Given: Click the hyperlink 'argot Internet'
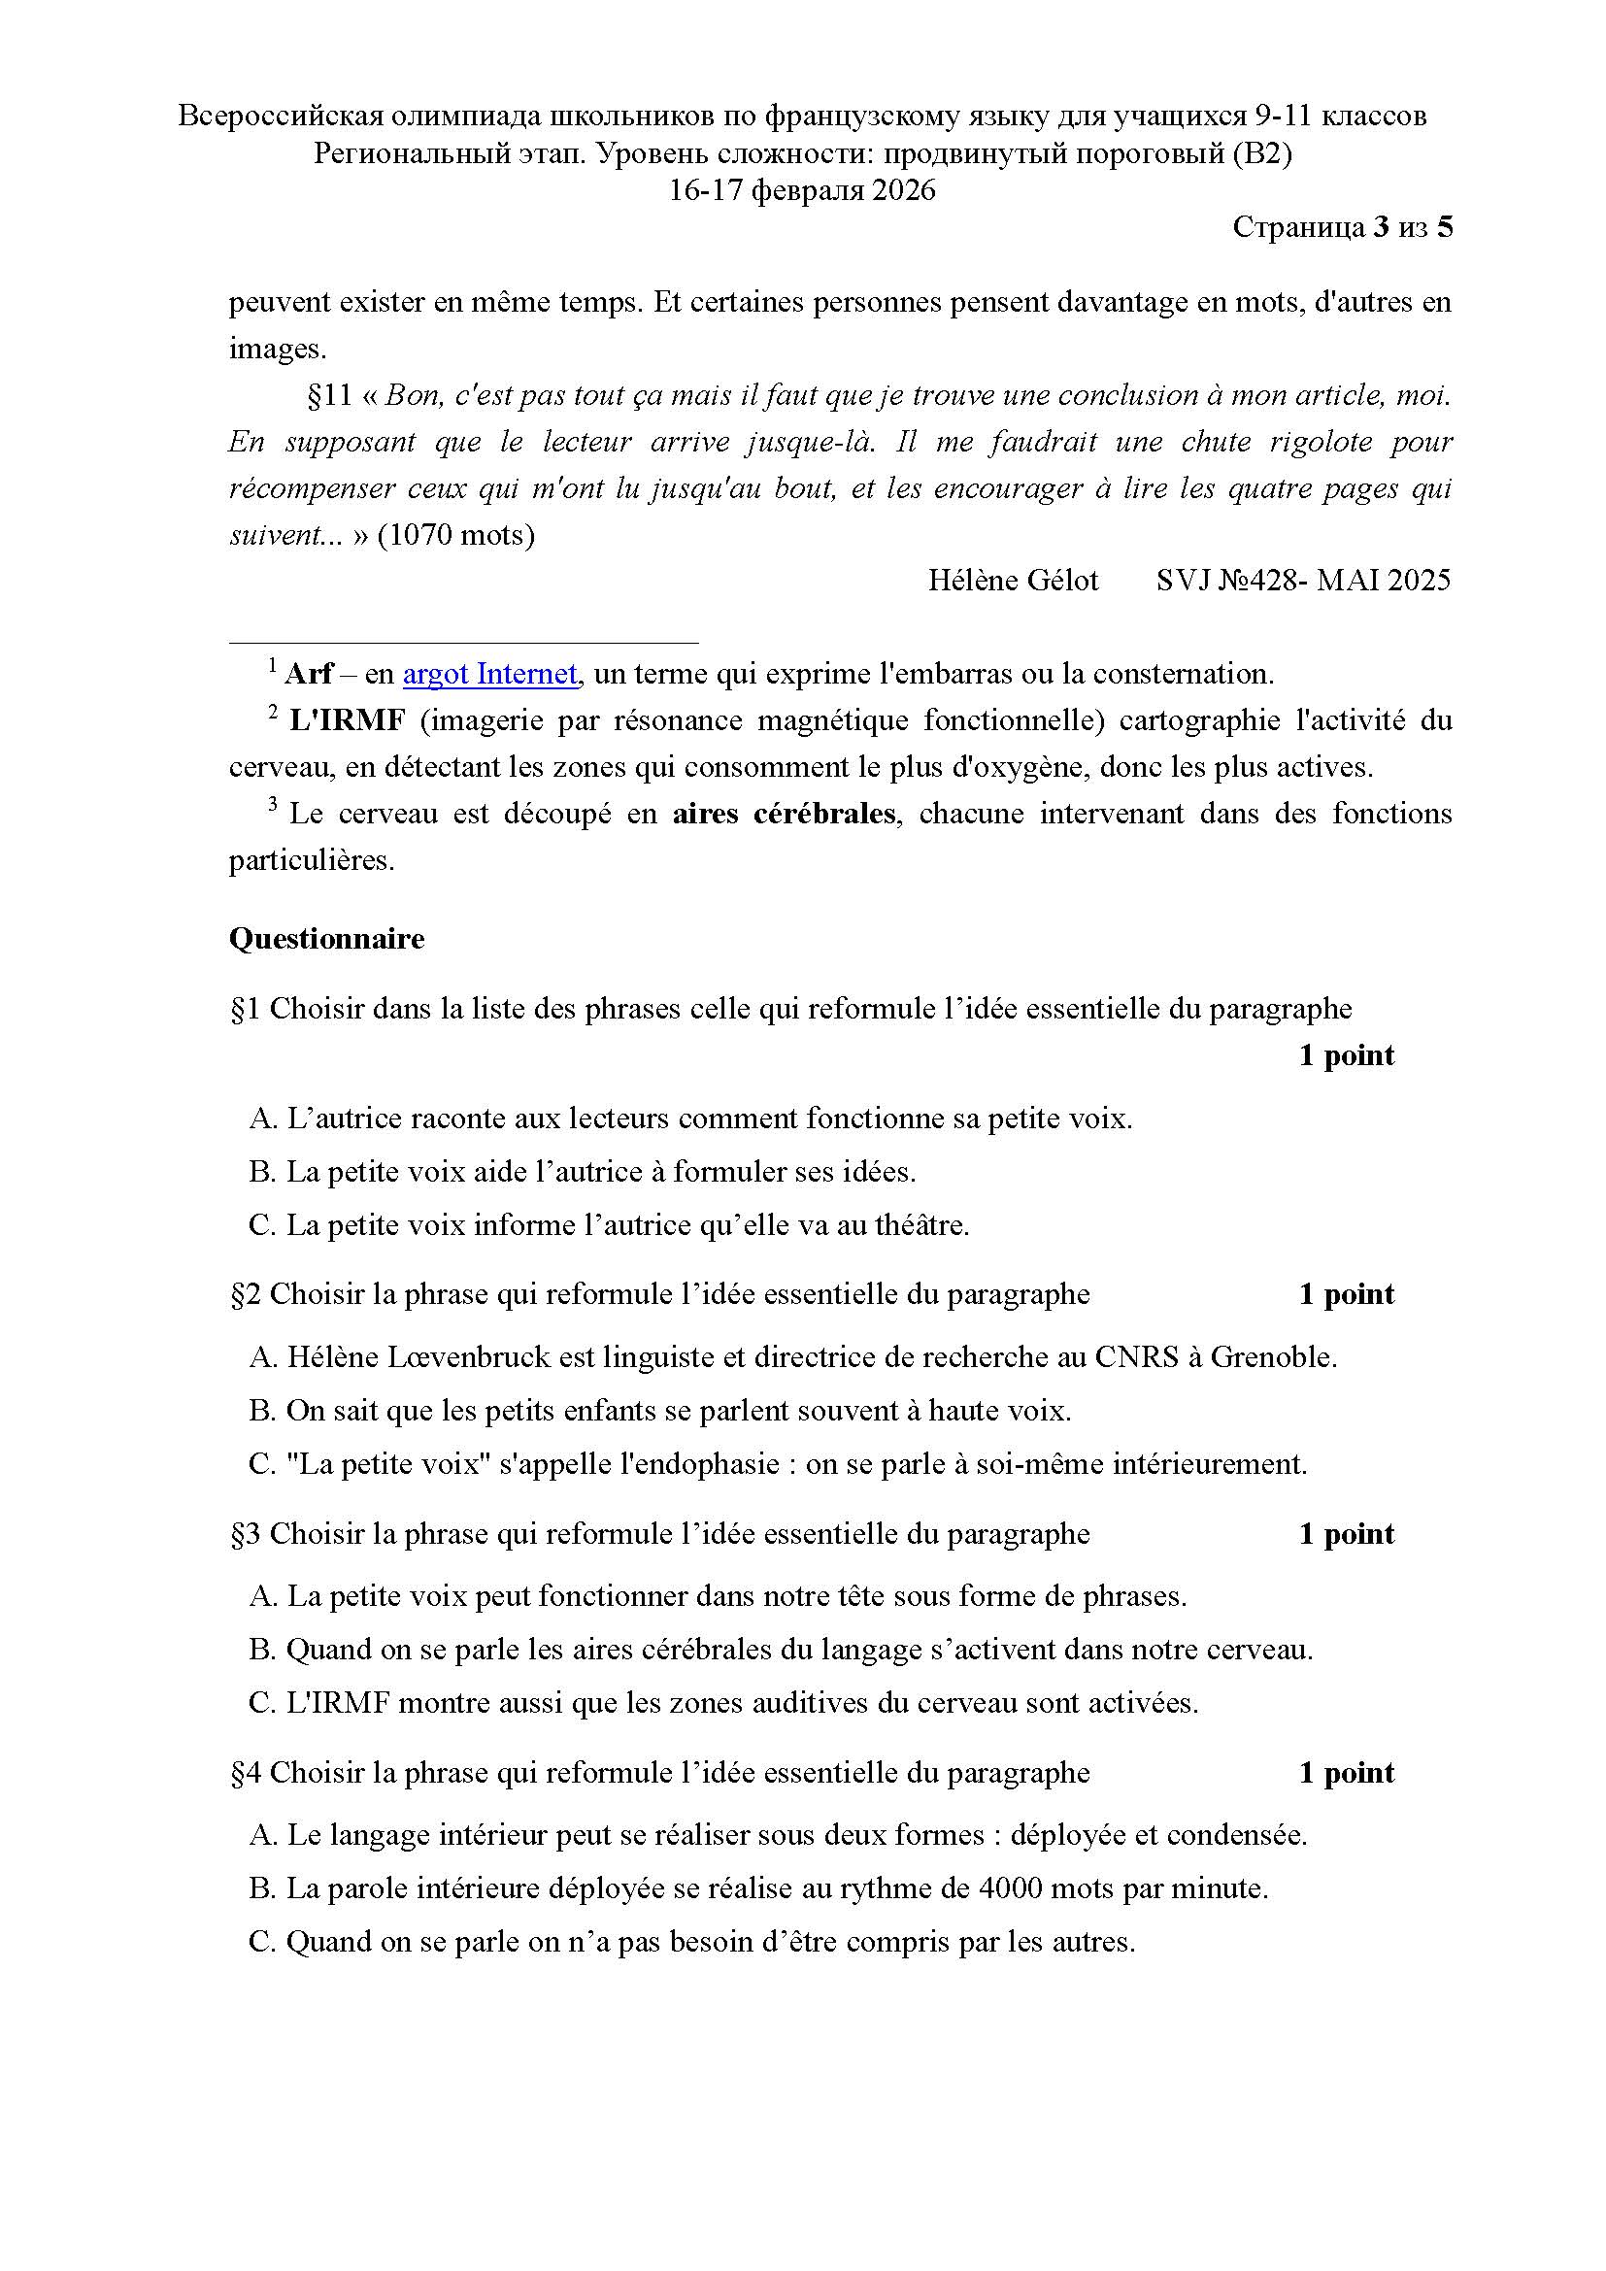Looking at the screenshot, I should click(x=489, y=675).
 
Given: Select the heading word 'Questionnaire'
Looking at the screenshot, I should click(x=326, y=939).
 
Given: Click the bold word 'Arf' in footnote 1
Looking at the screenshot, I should click(x=309, y=675).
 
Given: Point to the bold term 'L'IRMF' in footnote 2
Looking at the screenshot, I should click(x=347, y=721).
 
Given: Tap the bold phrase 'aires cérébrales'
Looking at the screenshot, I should click(x=785, y=814).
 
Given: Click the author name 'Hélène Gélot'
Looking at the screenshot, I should click(x=1013, y=581).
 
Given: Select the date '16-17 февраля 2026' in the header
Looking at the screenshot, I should click(x=802, y=191).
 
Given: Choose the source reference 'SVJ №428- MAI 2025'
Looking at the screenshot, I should click(x=1302, y=581).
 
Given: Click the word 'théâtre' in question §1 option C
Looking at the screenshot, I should click(x=919, y=1225).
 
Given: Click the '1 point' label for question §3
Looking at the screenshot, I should click(x=1346, y=1534).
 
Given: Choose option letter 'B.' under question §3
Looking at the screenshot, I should click(x=262, y=1650).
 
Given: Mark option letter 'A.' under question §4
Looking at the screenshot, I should click(x=263, y=1836).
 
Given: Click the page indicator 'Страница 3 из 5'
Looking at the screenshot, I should click(x=1342, y=228).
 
